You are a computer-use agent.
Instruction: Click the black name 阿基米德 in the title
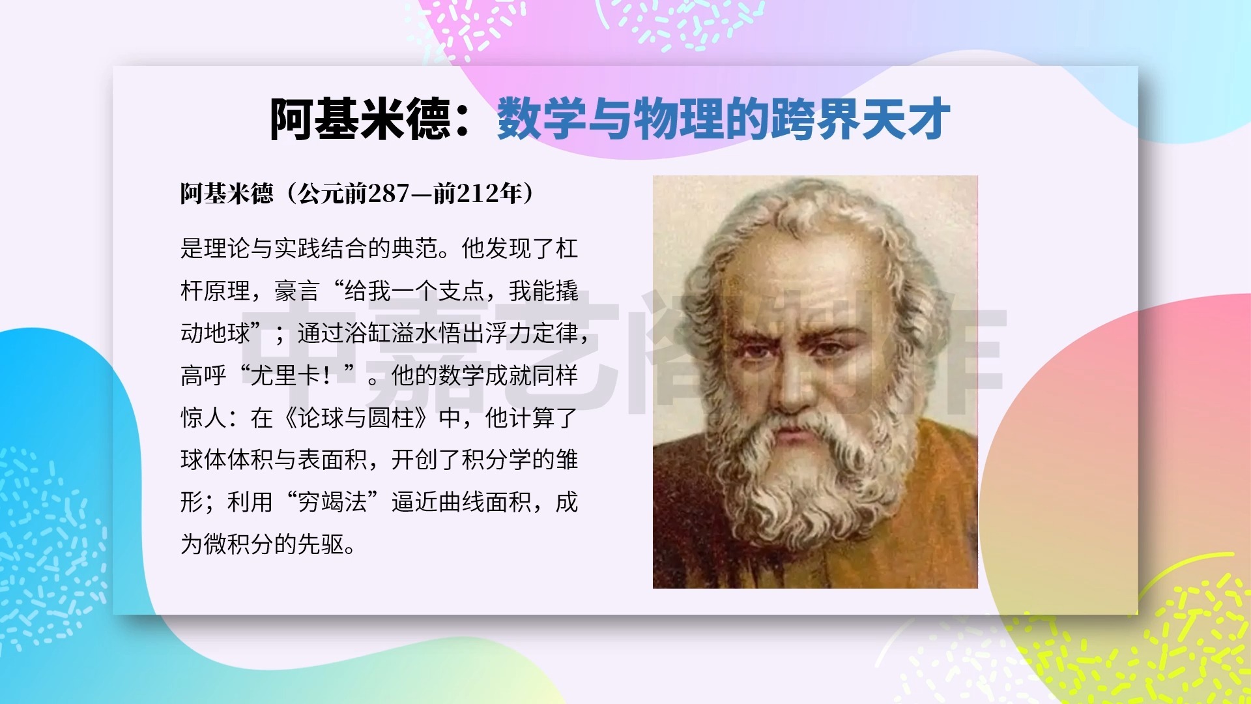tap(360, 119)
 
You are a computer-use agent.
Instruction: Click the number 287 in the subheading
tap(388, 194)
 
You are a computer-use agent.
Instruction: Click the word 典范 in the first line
tap(414, 248)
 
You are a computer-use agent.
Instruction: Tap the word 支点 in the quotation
tap(461, 291)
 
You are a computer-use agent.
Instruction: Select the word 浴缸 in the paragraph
tap(367, 333)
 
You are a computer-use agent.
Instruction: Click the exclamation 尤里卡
tap(285, 375)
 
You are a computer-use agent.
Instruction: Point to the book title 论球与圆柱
tap(356, 418)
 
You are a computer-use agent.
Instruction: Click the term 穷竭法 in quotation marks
tap(332, 503)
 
